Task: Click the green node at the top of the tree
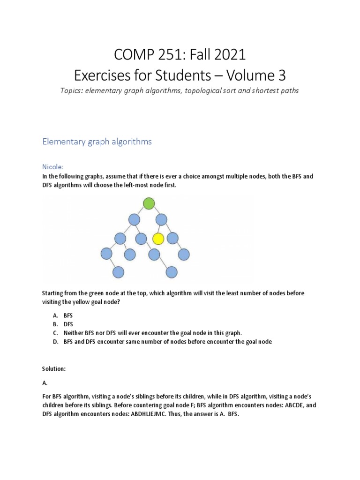point(149,203)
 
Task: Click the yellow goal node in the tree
point(158,239)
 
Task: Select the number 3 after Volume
point(281,75)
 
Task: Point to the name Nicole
point(53,166)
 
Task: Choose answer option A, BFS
point(68,316)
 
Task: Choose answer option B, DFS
point(68,324)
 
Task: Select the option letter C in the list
point(55,333)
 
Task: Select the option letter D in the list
point(55,342)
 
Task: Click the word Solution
point(54,369)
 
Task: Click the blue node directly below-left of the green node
point(134,219)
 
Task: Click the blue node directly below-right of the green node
point(162,219)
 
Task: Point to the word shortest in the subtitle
point(255,90)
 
